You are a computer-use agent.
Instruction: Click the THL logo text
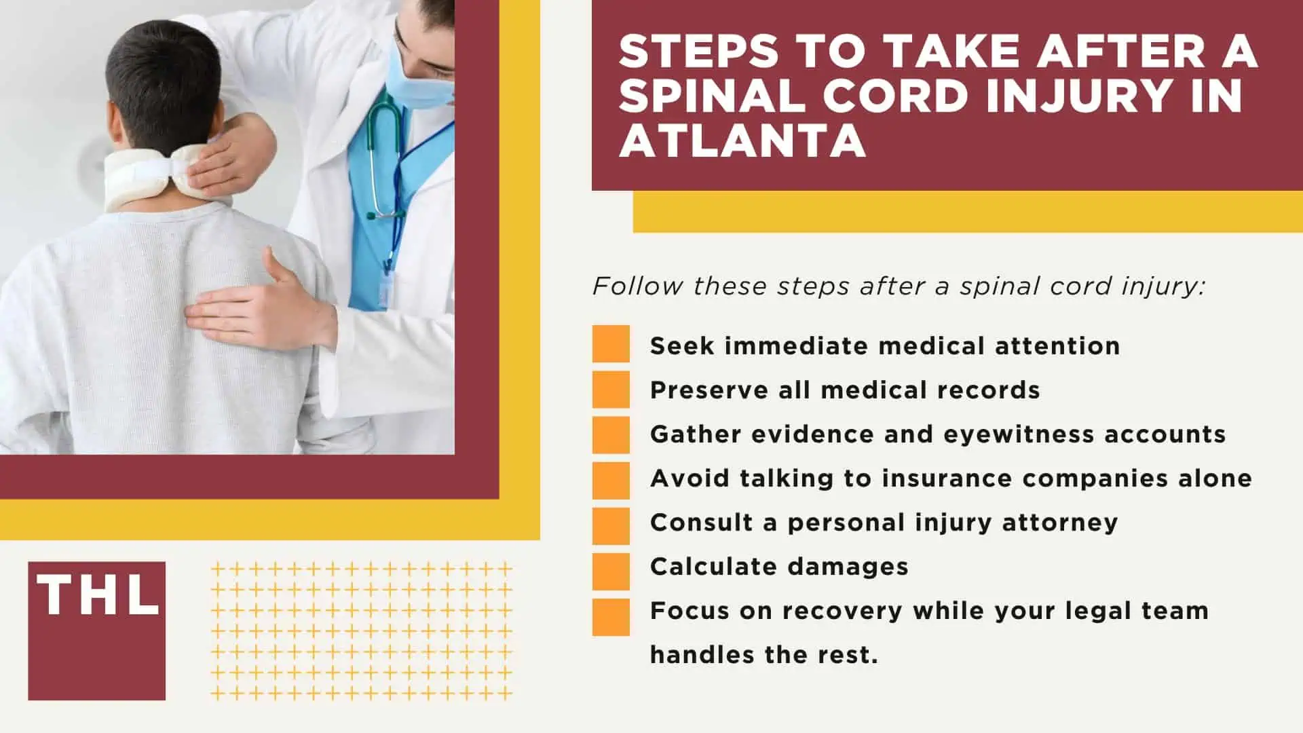click(x=97, y=595)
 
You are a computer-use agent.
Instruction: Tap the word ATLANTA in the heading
click(x=742, y=140)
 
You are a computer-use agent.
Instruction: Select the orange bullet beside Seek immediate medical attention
click(x=611, y=344)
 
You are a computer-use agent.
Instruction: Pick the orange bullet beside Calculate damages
click(x=611, y=571)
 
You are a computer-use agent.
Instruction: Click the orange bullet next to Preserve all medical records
click(x=611, y=389)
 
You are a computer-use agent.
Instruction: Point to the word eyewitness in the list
click(x=1018, y=434)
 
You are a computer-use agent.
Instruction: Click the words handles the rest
click(x=763, y=655)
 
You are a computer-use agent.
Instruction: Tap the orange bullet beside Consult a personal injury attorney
click(x=611, y=526)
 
